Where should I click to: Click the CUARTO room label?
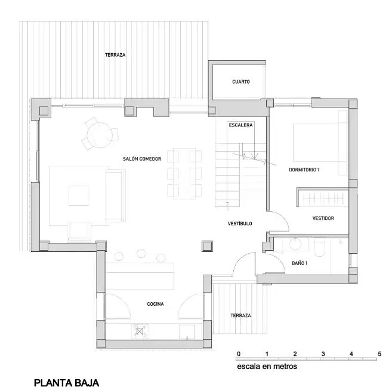[240, 82]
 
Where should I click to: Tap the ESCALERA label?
[240, 125]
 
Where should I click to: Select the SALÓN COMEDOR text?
[142, 159]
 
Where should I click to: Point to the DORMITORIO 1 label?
[304, 170]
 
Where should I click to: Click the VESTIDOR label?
[323, 218]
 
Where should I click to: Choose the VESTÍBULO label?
[240, 224]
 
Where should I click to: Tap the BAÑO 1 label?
[300, 263]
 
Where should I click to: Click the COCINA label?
[155, 304]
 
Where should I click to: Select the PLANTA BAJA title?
[67, 383]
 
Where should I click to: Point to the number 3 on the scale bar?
[323, 354]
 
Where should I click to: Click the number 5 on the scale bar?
[379, 354]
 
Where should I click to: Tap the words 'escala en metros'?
[267, 367]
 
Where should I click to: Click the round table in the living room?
[100, 135]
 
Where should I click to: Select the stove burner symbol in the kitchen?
[140, 331]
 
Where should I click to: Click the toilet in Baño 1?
[319, 248]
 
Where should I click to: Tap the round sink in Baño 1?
[295, 244]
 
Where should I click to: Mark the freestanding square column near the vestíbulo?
[208, 247]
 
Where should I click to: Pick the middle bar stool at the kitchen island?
[141, 253]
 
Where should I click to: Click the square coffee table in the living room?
[79, 196]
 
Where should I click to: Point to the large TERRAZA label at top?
[115, 55]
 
